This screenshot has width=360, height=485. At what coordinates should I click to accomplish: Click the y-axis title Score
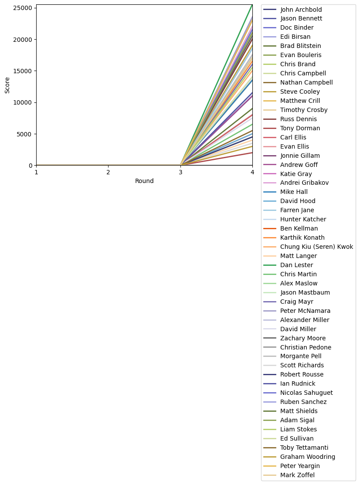click(7, 85)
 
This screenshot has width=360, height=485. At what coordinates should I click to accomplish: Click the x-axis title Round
click(144, 181)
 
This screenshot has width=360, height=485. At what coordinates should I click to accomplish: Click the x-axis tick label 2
click(108, 173)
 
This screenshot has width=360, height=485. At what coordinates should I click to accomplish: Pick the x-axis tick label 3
click(180, 173)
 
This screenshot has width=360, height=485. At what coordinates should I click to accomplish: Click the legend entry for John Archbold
click(301, 9)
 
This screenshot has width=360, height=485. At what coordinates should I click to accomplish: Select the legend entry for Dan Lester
click(296, 265)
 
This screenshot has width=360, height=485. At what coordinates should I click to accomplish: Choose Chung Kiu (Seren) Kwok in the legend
click(316, 247)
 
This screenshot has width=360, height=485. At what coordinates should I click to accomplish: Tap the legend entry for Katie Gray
click(296, 174)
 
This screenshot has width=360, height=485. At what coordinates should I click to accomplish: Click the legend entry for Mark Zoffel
click(297, 475)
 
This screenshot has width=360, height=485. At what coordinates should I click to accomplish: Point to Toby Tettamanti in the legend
click(304, 448)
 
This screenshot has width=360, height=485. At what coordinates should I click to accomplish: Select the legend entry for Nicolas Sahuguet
click(306, 393)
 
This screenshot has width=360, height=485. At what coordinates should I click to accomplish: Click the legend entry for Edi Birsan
click(295, 37)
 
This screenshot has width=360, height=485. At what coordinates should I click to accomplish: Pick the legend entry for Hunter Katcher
click(303, 219)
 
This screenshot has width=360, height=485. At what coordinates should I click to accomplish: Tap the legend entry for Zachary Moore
click(303, 338)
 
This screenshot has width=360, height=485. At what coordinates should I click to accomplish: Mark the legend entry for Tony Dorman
click(300, 128)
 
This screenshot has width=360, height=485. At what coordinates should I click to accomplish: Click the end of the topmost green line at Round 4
click(252, 5)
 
